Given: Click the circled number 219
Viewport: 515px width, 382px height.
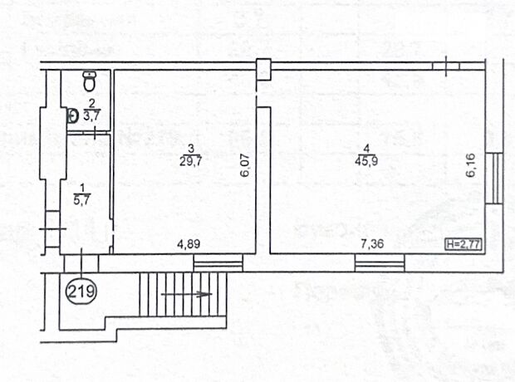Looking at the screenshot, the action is [x=81, y=291].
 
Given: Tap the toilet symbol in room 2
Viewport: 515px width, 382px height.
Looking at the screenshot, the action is [x=89, y=81].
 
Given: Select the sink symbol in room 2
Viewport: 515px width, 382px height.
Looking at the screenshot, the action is [x=72, y=116].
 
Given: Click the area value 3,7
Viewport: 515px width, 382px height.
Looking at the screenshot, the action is [x=91, y=115].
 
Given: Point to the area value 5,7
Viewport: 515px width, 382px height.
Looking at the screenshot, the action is [x=81, y=200].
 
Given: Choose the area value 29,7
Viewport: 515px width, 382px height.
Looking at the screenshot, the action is [x=190, y=161].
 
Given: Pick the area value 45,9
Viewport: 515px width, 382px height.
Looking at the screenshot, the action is [x=366, y=161].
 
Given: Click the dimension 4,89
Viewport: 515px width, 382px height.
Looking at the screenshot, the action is [x=189, y=244].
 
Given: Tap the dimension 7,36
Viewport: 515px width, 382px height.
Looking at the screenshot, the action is [x=372, y=244].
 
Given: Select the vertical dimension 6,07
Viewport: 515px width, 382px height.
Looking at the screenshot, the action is [x=245, y=166].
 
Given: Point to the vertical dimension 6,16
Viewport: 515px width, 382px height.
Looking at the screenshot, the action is [x=471, y=165].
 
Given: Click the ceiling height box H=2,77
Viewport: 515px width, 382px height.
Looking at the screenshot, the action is [x=463, y=245].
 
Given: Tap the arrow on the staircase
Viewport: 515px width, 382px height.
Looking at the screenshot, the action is [x=187, y=294].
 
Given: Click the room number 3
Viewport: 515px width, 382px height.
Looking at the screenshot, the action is [x=190, y=149].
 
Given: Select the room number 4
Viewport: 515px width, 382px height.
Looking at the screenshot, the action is [x=366, y=149].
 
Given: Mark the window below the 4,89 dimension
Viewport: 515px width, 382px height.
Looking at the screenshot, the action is [x=218, y=262].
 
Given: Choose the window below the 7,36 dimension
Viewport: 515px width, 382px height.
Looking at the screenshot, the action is [x=380, y=262].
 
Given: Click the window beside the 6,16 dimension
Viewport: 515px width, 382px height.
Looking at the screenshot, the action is [x=494, y=178].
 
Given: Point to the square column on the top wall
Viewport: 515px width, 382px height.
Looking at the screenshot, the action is [x=263, y=69].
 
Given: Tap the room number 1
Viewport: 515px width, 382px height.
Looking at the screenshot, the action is [x=81, y=188].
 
